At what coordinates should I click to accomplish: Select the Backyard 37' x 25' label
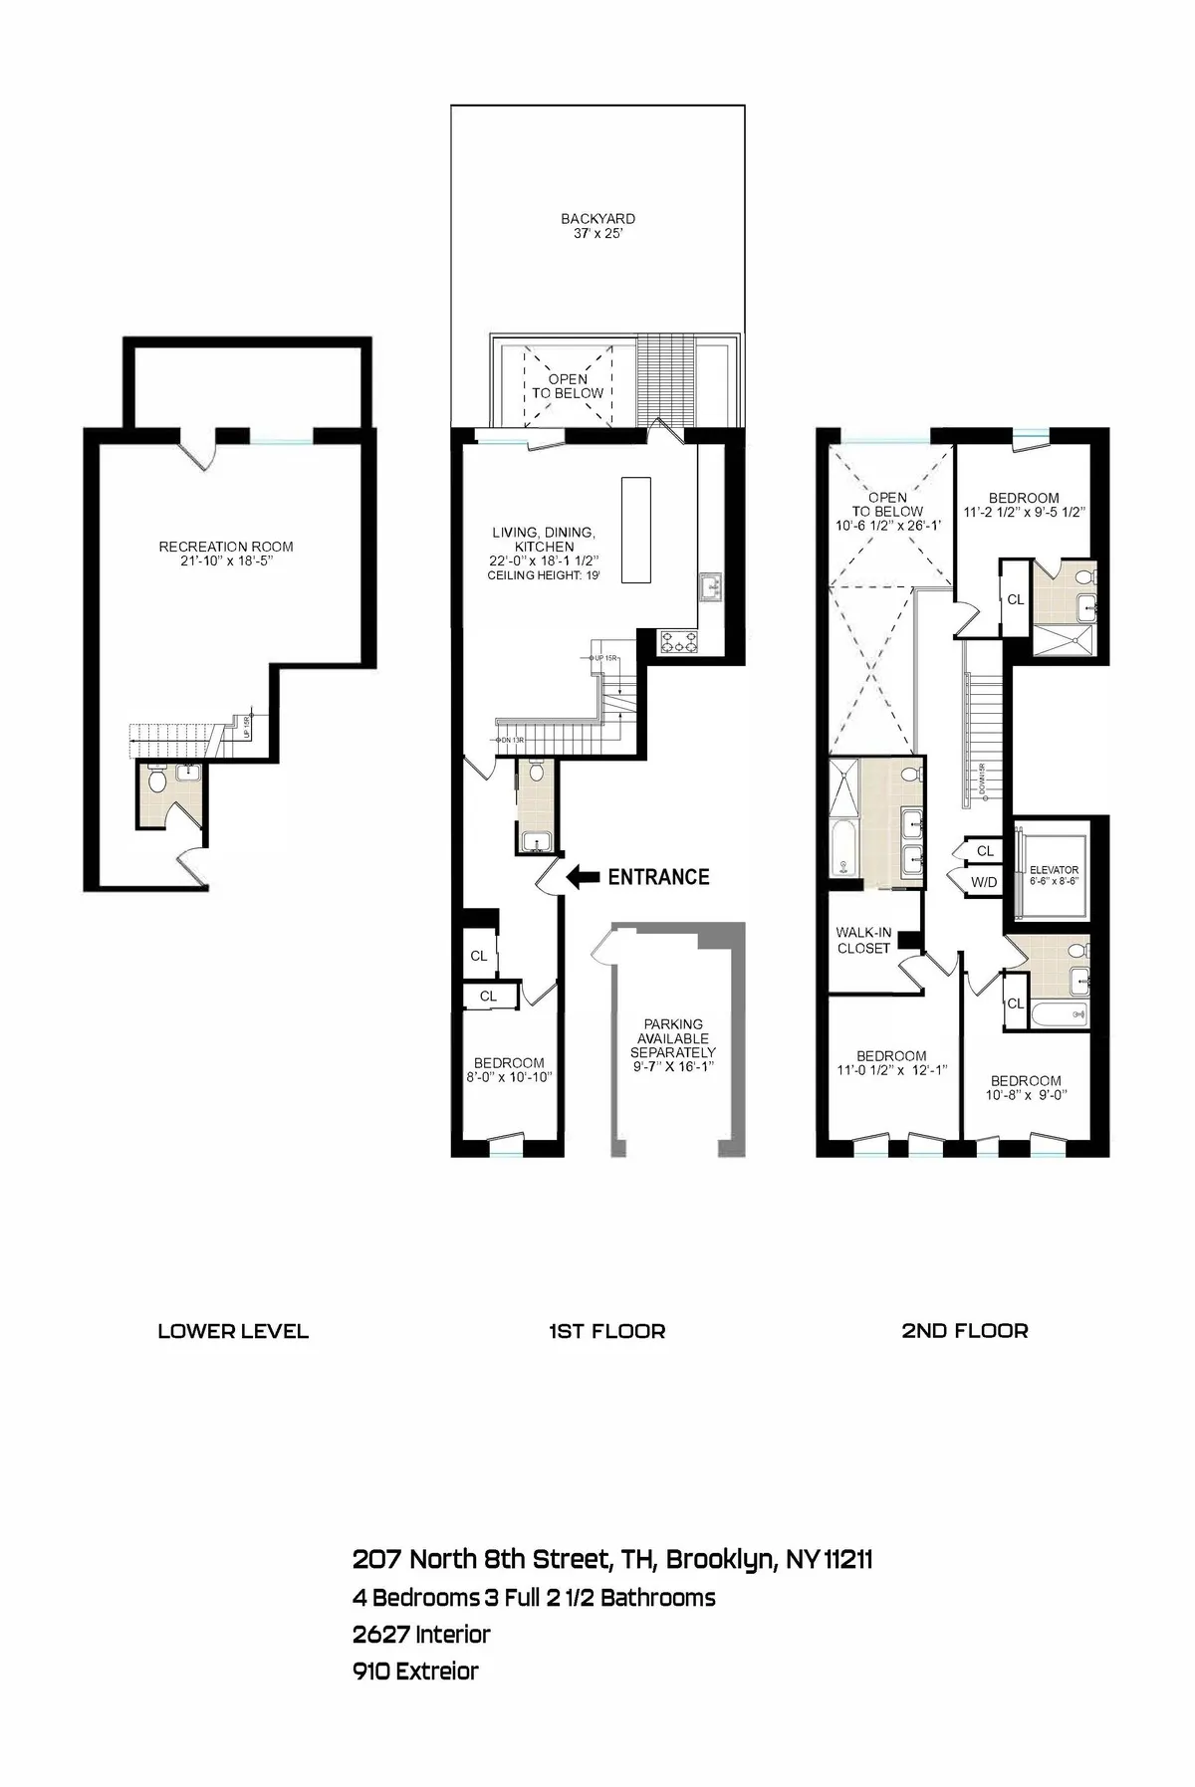tap(597, 226)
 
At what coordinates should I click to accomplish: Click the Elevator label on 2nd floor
tap(1054, 875)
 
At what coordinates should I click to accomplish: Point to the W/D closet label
tap(983, 881)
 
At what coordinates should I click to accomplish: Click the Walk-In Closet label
tap(863, 940)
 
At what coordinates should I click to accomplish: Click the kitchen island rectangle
tap(635, 530)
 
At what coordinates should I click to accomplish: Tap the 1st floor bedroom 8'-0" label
tap(508, 1069)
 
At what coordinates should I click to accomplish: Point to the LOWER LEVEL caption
tap(233, 1331)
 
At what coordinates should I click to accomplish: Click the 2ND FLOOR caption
tap(964, 1331)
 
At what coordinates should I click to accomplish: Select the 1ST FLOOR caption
tap(606, 1331)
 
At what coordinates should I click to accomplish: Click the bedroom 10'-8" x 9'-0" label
tap(1025, 1087)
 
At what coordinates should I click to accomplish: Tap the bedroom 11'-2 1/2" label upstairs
tap(1023, 505)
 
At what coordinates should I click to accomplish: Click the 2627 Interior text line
tap(421, 1634)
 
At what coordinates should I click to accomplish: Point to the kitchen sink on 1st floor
tap(710, 586)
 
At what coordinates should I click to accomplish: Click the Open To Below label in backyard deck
tap(567, 385)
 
